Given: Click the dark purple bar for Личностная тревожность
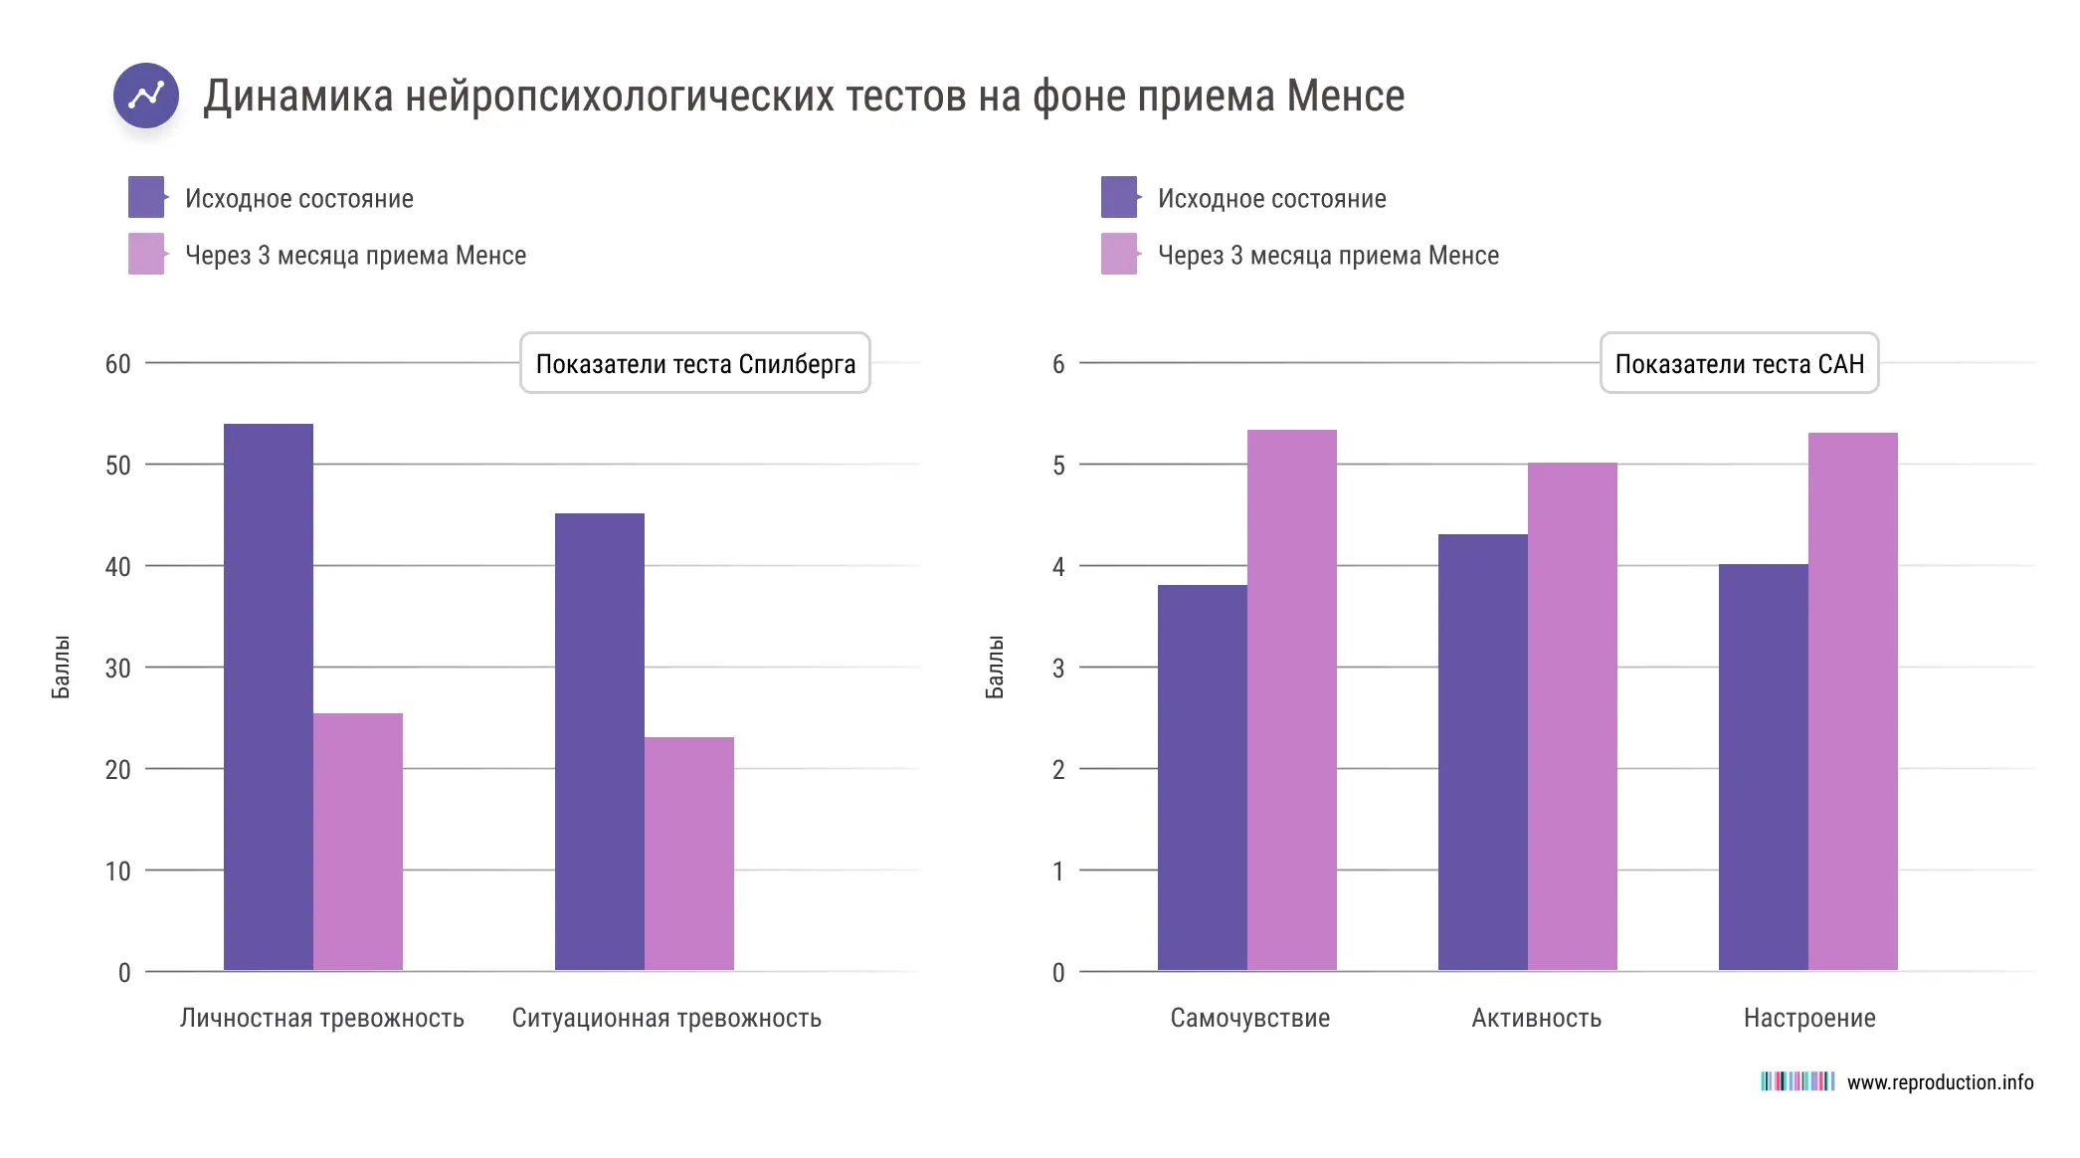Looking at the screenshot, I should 268,696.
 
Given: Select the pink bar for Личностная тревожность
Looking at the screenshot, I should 357,842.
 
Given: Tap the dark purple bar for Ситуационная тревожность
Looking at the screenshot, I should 599,741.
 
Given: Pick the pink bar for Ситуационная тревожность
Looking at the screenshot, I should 688,854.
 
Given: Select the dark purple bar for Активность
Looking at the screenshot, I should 1482,752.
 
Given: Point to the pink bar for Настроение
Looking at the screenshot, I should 1852,701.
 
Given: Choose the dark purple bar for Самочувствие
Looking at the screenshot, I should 1202,777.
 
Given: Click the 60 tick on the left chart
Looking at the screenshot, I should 117,364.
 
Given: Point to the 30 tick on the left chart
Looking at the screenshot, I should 117,669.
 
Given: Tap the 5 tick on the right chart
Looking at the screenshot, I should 1058,466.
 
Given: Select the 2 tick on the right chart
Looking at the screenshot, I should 1058,770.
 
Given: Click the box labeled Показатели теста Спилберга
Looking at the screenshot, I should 694,363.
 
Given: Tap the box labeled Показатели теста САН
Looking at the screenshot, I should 1739,363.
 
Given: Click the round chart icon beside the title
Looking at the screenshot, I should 146,96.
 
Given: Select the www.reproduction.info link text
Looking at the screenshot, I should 1940,1082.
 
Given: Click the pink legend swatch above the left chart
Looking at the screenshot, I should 146,254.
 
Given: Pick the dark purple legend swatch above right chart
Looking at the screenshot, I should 1119,197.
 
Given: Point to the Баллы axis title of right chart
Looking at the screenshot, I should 994,667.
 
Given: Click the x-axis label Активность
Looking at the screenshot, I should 1536,1018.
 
